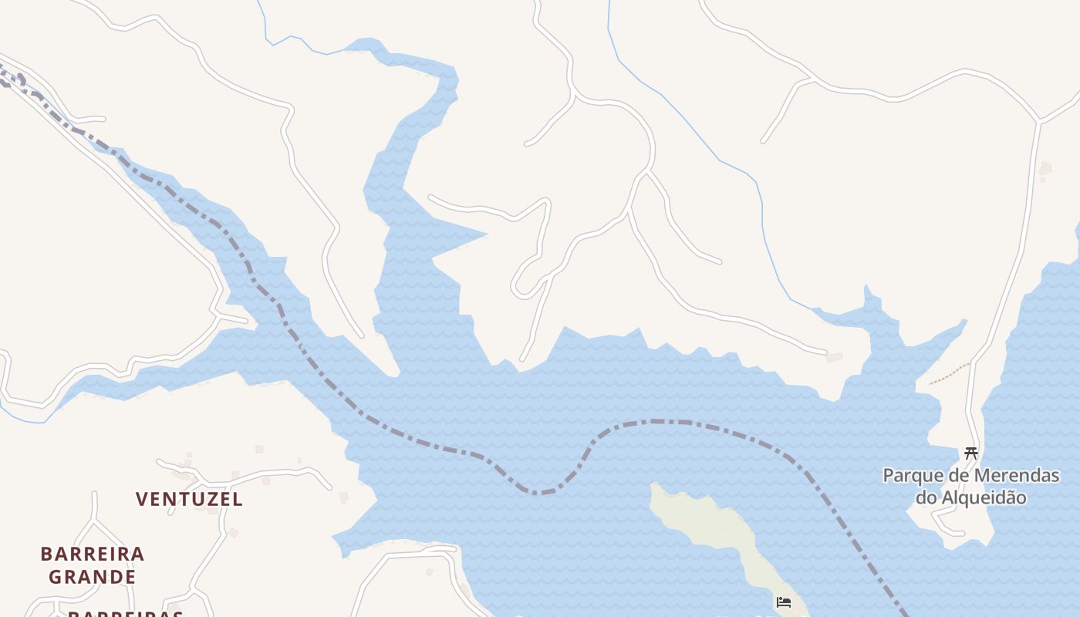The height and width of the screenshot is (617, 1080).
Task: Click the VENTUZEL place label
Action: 189,500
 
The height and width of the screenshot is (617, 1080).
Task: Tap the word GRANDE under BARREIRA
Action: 93,577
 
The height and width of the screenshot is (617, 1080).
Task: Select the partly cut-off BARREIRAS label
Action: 126,614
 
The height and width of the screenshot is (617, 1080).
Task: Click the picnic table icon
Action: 970,453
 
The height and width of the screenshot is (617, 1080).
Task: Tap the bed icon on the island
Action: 784,602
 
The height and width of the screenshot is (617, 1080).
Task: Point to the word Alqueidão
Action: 983,497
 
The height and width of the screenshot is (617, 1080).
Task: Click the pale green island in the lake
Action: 717,532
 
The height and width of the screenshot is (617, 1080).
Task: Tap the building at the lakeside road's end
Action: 834,357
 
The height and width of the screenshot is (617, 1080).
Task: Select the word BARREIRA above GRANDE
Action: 93,554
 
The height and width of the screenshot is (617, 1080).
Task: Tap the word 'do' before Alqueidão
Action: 926,497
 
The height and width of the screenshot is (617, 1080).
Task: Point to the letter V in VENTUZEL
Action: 142,500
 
